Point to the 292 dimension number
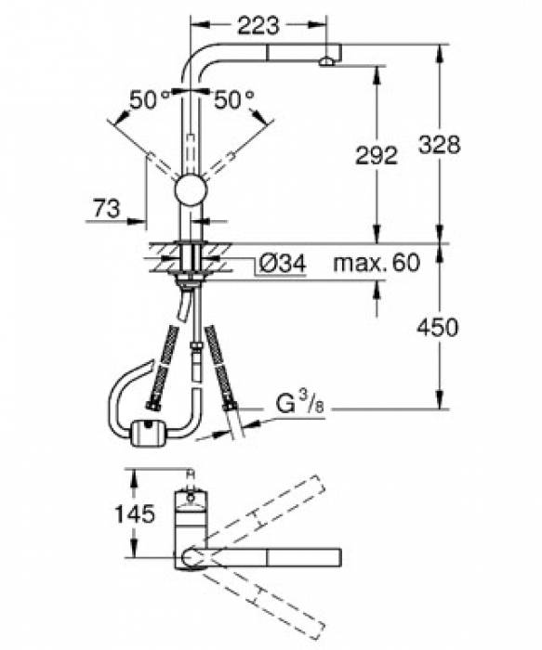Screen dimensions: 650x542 point(377,155)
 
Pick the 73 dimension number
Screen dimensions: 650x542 point(108,211)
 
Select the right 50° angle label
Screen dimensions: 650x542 point(233,101)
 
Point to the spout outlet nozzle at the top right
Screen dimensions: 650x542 point(326,62)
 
